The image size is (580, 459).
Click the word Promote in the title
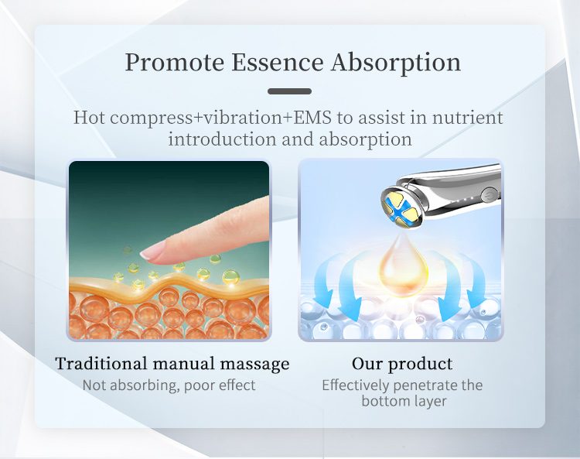click(175, 63)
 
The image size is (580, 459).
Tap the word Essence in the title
click(278, 62)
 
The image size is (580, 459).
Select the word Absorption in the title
click(396, 63)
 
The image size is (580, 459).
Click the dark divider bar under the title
click(290, 91)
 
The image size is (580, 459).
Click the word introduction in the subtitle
click(222, 139)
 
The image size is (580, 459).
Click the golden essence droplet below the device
click(403, 265)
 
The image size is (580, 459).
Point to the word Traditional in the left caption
click(101, 364)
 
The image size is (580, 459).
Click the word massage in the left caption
click(254, 365)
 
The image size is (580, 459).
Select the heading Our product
click(402, 364)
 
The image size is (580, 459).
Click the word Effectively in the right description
click(354, 385)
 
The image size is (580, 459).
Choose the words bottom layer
click(404, 401)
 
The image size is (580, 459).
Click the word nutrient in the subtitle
click(468, 118)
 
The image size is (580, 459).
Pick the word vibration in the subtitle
click(243, 118)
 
